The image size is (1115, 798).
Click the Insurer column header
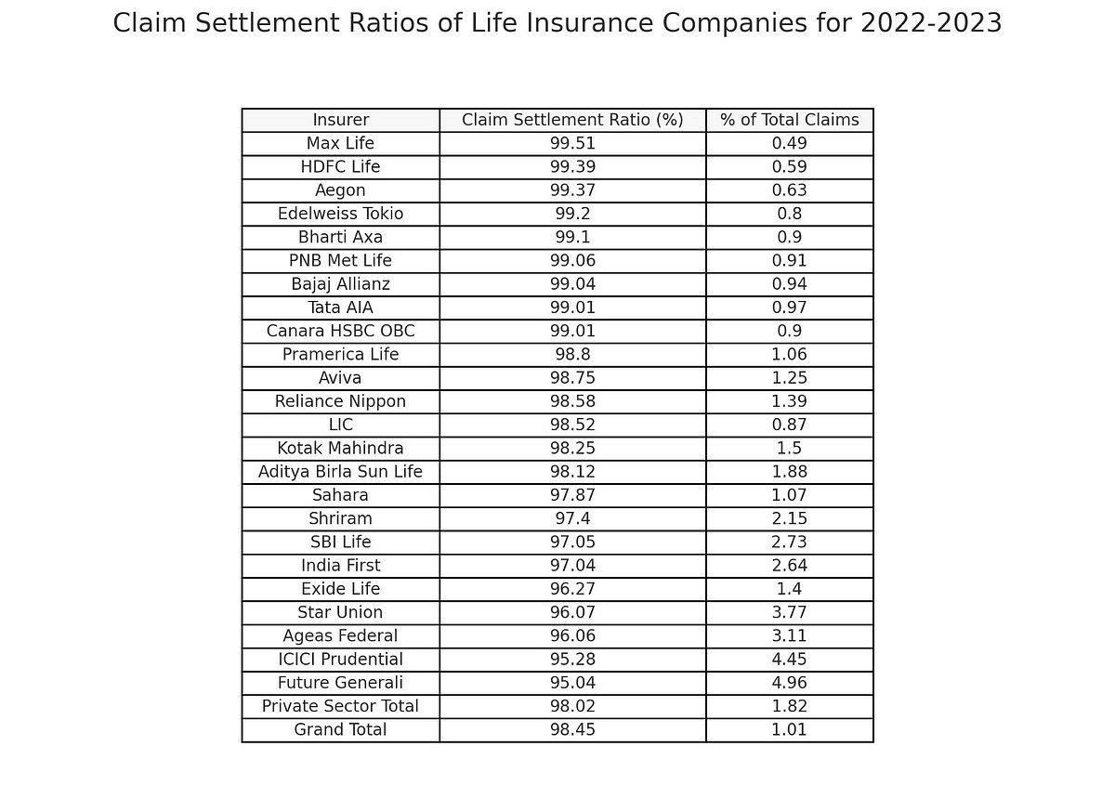340,120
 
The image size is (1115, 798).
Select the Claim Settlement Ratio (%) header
572,120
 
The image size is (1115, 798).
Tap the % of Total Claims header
790,120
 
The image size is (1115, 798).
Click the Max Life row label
340,143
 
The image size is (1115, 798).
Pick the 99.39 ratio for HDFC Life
572,167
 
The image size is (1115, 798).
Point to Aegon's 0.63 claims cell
790,190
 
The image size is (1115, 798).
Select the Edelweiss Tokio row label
340,214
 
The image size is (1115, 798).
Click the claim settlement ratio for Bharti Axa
572,237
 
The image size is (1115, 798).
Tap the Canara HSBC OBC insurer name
340,331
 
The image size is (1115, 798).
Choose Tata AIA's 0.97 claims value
790,307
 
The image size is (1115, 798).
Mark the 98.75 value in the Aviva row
572,378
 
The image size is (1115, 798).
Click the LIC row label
340,425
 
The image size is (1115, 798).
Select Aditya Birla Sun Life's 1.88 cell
790,471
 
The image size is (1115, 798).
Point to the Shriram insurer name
340,518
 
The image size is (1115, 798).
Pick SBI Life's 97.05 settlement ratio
572,543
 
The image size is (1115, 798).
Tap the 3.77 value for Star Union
790,612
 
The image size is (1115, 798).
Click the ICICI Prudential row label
340,659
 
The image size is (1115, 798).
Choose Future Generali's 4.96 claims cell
790,683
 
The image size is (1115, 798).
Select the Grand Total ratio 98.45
572,730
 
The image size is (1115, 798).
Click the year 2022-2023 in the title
931,23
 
